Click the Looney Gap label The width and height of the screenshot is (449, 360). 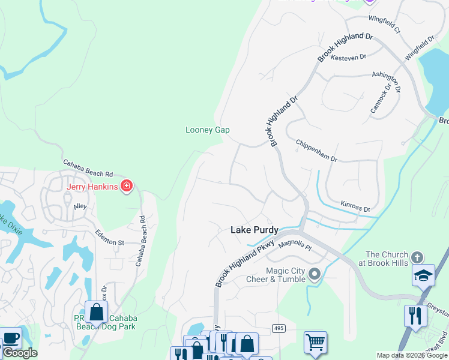pyautogui.click(x=207, y=130)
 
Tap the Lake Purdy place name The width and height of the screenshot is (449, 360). pyautogui.click(x=254, y=230)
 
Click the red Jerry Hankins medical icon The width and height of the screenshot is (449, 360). pyautogui.click(x=126, y=187)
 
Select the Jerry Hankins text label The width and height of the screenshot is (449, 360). pyautogui.click(x=92, y=187)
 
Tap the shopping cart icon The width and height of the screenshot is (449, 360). pyautogui.click(x=315, y=342)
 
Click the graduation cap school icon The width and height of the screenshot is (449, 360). pyautogui.click(x=424, y=275)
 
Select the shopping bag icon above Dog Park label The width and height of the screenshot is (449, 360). pyautogui.click(x=96, y=312)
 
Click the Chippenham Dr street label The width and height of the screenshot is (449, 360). pyautogui.click(x=317, y=151)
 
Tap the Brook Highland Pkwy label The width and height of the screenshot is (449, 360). pyautogui.click(x=244, y=263)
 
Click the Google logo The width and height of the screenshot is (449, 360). pyautogui.click(x=20, y=353)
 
